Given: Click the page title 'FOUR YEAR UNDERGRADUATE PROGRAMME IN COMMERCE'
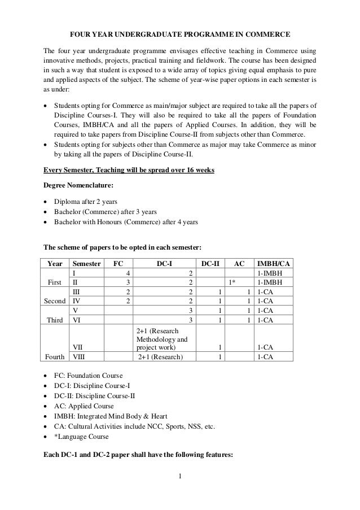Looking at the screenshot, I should click(179, 34).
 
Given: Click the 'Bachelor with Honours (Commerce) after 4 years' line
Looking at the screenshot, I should click(125, 223).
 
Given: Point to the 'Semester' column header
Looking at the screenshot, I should click(85, 263).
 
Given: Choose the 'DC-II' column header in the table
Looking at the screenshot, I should click(210, 263).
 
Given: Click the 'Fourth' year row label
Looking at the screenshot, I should click(56, 357).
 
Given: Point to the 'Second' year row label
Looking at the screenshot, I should click(55, 301).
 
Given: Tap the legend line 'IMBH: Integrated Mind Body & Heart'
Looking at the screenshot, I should click(108, 416).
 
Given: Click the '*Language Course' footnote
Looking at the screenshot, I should click(81, 436).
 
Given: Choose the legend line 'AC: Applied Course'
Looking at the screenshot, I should click(83, 406).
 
